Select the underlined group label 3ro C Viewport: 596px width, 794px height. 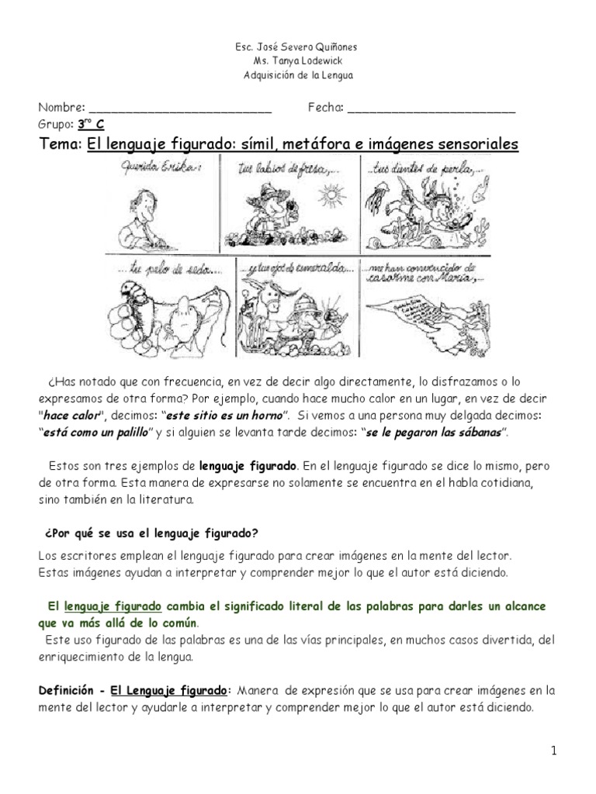point(91,124)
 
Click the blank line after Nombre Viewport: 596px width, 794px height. point(180,109)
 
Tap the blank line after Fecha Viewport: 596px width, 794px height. point(431,109)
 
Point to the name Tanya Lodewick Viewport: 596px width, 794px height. point(298,60)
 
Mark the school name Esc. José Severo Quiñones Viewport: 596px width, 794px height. point(297,47)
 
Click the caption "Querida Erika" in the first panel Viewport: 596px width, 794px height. point(152,164)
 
